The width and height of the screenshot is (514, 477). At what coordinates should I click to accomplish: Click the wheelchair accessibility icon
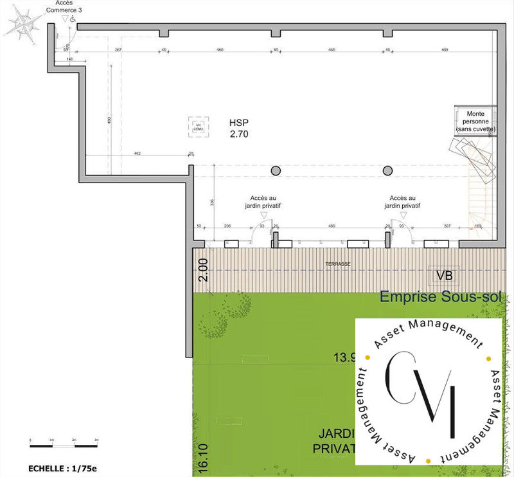pos(73,20)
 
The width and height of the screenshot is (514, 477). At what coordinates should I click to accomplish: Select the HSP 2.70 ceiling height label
pos(238,129)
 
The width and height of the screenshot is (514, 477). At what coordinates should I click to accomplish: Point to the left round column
pos(276,170)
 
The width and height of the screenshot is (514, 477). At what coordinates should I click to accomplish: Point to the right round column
pos(387,170)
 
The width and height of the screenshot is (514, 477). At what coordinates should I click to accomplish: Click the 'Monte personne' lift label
pos(475,122)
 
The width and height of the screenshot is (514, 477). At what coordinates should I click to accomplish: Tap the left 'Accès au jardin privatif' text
pos(264,202)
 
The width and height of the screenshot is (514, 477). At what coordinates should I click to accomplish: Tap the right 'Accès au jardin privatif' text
pos(403,202)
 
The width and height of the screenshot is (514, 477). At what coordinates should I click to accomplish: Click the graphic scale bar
pos(64,445)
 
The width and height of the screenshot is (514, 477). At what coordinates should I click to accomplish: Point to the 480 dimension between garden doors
pos(332,226)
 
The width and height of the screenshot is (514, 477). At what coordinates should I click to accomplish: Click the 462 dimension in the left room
pos(137,154)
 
